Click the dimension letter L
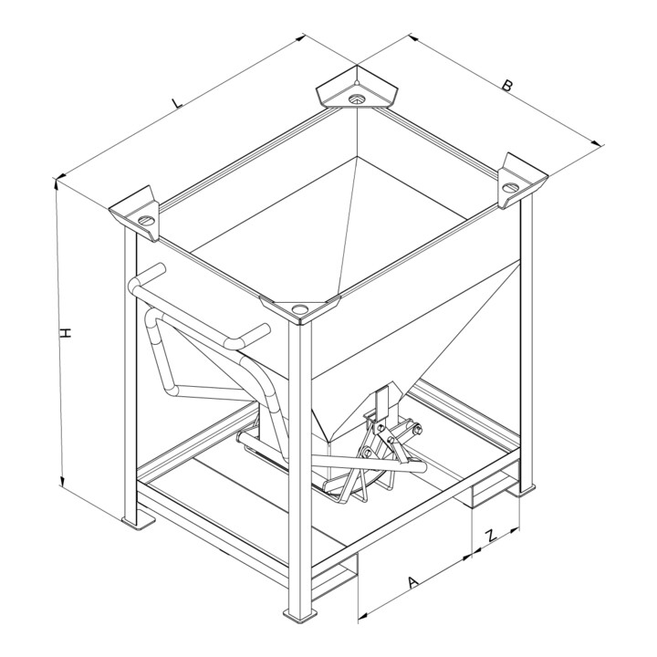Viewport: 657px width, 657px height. coord(178,102)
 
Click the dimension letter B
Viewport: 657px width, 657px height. coord(507,86)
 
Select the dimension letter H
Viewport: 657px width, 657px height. coord(66,333)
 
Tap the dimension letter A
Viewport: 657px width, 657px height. coord(413,582)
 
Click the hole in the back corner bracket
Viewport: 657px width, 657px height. coord(357,99)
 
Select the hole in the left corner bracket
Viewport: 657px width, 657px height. coord(146,220)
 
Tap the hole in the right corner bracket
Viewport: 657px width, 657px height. coord(509,187)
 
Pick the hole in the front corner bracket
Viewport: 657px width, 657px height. coord(299,309)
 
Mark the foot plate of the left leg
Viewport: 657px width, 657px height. coord(139,522)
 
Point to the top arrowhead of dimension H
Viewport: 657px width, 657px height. coord(57,183)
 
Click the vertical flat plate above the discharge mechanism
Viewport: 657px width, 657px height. coord(381,404)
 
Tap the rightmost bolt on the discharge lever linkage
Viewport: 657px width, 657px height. coord(418,430)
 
